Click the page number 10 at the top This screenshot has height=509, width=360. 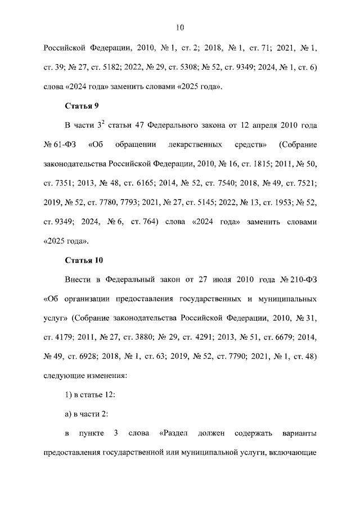pyautogui.click(x=180, y=26)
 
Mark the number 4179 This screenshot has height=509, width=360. pyautogui.click(x=66, y=337)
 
